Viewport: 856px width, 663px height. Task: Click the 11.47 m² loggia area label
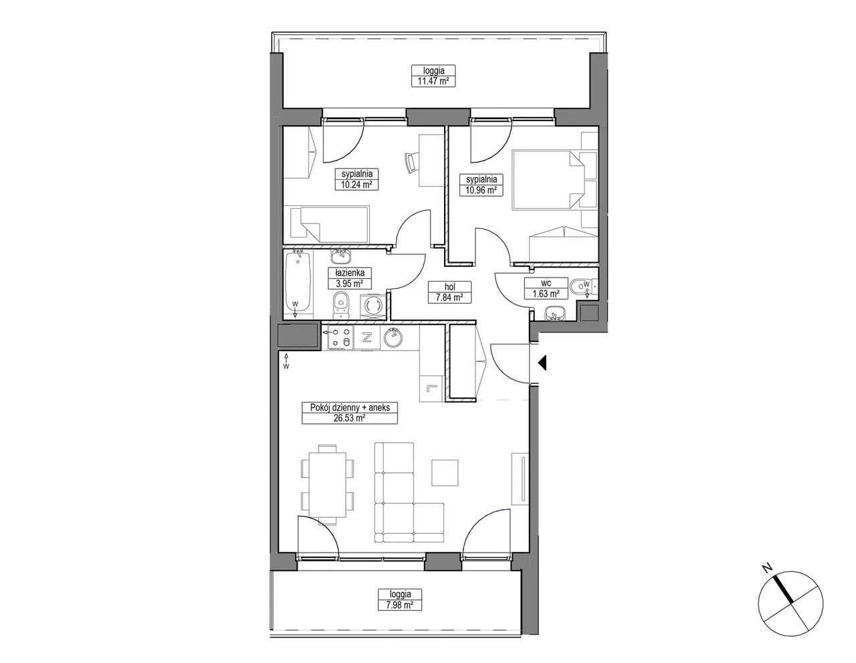433,76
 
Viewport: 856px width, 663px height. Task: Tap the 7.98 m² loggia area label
400,599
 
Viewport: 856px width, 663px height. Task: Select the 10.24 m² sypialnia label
357,179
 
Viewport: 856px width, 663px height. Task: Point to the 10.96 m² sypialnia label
481,185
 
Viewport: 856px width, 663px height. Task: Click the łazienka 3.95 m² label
349,278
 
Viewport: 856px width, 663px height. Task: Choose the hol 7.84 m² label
449,292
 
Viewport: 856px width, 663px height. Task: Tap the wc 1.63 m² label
546,288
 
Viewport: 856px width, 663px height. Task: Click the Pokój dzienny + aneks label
350,413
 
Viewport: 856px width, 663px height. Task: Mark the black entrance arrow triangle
542,363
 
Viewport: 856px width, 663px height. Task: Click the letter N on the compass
767,568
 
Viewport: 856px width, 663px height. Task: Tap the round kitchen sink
393,338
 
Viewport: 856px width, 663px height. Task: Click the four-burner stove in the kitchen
340,338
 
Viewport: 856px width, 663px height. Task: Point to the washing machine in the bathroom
373,305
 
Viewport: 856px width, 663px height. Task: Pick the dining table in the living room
327,484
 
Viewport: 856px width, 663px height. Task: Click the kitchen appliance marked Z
367,338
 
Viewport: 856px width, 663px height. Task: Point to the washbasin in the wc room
555,314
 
